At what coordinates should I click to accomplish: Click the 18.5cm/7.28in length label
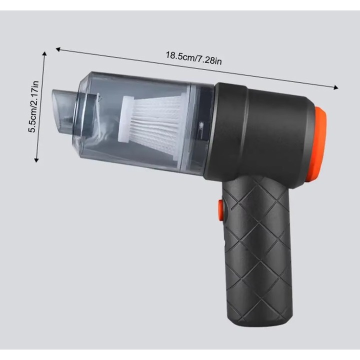(194, 58)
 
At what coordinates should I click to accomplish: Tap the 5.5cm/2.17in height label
(33, 107)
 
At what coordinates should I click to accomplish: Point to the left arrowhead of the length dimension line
(58, 49)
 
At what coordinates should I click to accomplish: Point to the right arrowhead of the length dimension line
(336, 87)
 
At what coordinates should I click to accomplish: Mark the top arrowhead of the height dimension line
(44, 54)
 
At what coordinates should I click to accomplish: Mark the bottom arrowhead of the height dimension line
(36, 160)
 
